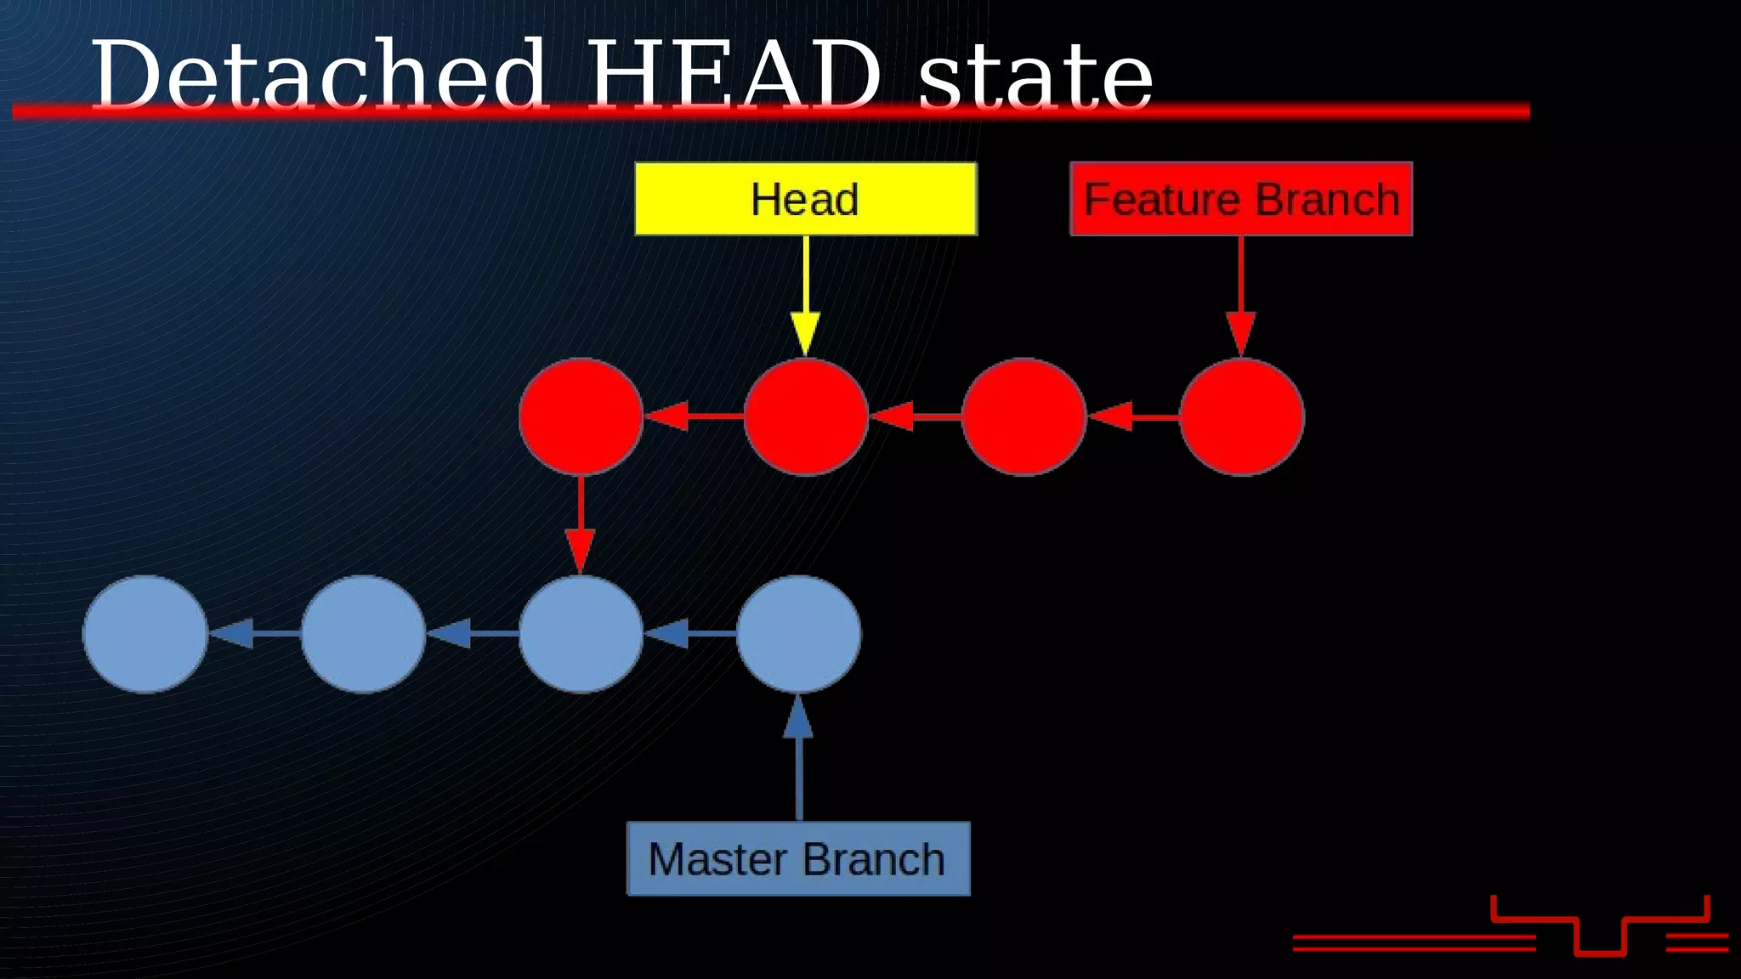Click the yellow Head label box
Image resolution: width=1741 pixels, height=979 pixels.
[805, 199]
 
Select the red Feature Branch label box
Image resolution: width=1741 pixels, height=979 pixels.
[1240, 199]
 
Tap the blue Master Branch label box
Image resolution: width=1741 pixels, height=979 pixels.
[797, 858]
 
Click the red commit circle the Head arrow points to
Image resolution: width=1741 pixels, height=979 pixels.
[805, 416]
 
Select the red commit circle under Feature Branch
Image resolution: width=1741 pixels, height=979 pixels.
[1241, 416]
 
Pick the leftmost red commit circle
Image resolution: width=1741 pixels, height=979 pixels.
[581, 416]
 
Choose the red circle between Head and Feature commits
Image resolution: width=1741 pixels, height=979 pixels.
[1024, 416]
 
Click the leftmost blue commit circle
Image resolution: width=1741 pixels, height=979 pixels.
[145, 634]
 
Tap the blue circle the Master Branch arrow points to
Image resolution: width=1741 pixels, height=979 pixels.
[798, 634]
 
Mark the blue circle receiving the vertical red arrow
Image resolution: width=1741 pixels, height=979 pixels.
[581, 634]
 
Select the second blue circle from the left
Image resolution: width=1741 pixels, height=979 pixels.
[363, 634]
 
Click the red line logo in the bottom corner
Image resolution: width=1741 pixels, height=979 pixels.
[1598, 931]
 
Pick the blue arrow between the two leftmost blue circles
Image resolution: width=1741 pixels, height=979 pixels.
[254, 634]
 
